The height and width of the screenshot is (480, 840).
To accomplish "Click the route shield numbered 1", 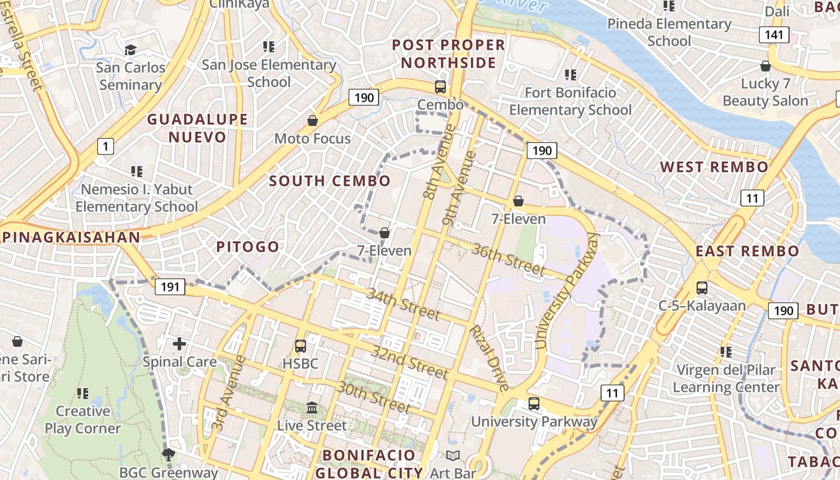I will pos(106,146).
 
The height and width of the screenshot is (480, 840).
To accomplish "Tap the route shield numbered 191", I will pos(170,287).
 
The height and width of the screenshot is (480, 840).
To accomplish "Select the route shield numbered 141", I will pos(774,35).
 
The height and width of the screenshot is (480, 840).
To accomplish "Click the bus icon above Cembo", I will pos(440,87).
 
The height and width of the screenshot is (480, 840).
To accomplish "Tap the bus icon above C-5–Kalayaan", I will pos(702,288).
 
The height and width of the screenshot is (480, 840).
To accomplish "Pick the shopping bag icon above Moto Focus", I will pos(312,121).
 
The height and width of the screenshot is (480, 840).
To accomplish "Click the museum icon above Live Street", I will pos(312,408).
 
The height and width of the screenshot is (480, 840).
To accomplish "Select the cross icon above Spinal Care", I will pos(179,344).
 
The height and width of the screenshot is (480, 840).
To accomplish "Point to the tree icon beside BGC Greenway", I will pos(169,455).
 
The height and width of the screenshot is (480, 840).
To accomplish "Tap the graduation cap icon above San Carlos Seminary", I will pos(130,50).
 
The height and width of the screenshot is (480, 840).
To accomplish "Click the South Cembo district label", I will pos(329,181).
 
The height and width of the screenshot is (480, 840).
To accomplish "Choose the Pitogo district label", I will pos(247,247).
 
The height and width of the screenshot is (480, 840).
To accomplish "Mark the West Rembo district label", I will pos(714,167).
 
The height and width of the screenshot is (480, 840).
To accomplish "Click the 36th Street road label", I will pos(508,259).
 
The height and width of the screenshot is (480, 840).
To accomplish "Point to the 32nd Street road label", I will pos(409,362).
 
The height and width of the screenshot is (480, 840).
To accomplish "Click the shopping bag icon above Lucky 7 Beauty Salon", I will pos(765,66).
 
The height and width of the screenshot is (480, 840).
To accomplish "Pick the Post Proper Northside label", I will pos(449,53).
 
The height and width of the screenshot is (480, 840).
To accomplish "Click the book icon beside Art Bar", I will pos(452,456).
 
